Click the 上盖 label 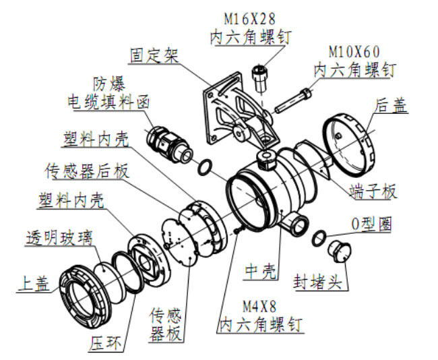point(34,285)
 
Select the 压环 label point(106,343)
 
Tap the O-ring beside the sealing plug point(319,237)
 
